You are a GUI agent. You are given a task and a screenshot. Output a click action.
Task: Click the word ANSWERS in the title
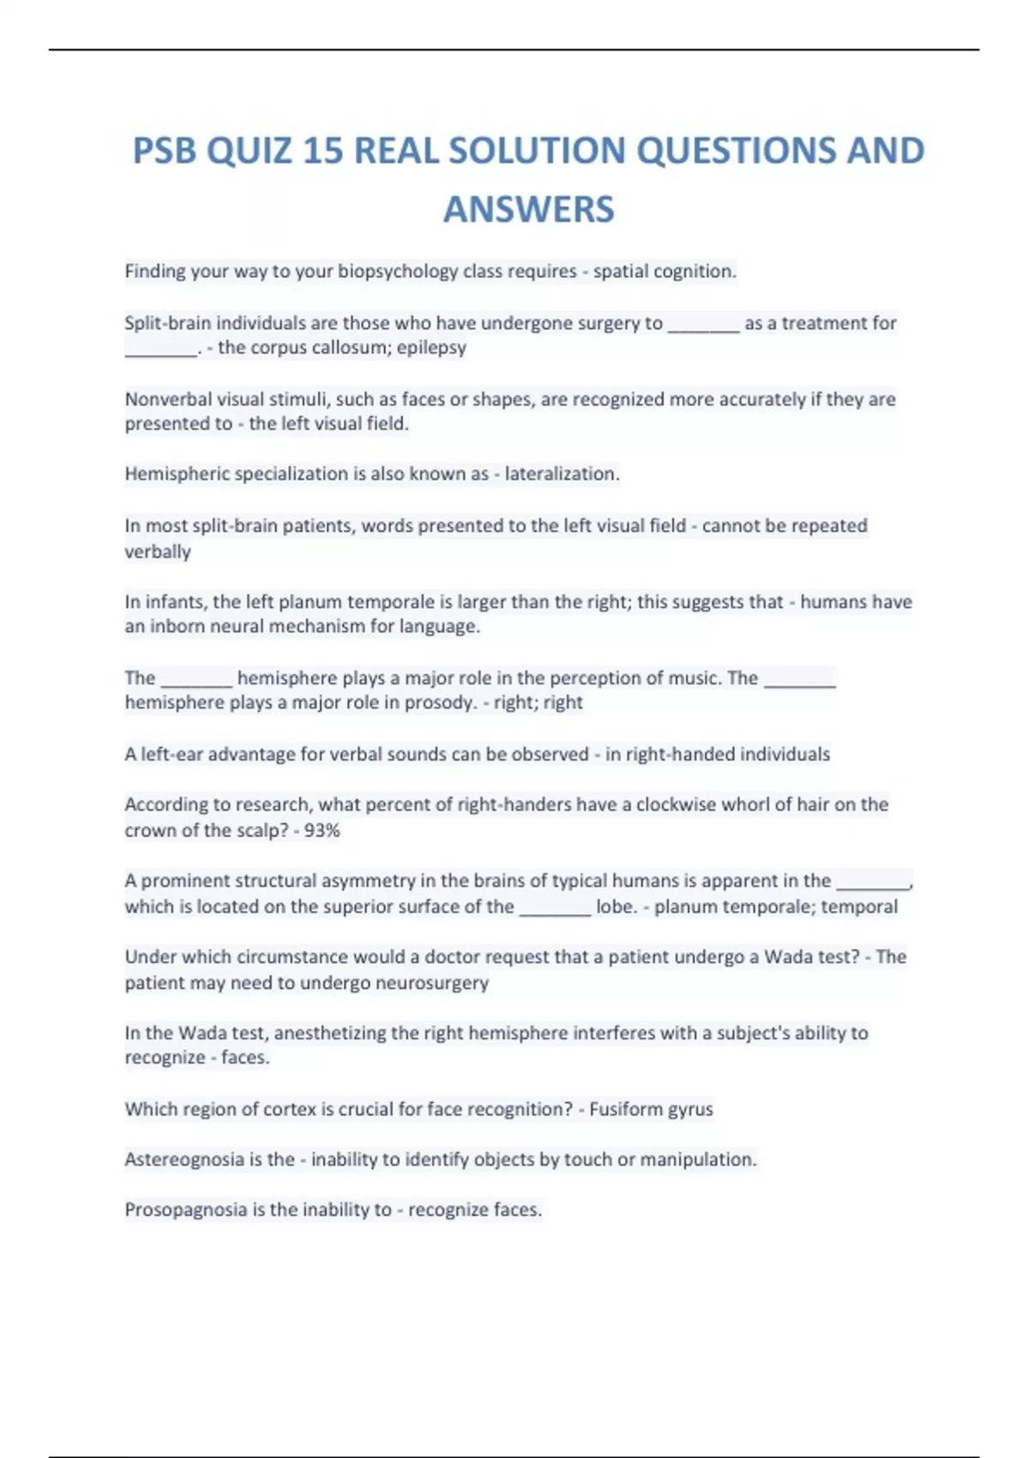(x=528, y=209)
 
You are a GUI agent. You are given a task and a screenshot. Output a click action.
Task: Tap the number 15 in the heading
(x=322, y=151)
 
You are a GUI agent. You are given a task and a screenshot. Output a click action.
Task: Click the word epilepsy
(x=431, y=348)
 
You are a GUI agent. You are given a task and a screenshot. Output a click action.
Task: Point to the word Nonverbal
(x=168, y=399)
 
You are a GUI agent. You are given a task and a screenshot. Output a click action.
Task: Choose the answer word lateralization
(x=561, y=474)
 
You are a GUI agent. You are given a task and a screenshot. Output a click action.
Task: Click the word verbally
(x=158, y=551)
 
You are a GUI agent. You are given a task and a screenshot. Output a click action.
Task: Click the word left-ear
(x=171, y=755)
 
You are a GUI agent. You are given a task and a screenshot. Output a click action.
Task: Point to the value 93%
(x=322, y=830)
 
